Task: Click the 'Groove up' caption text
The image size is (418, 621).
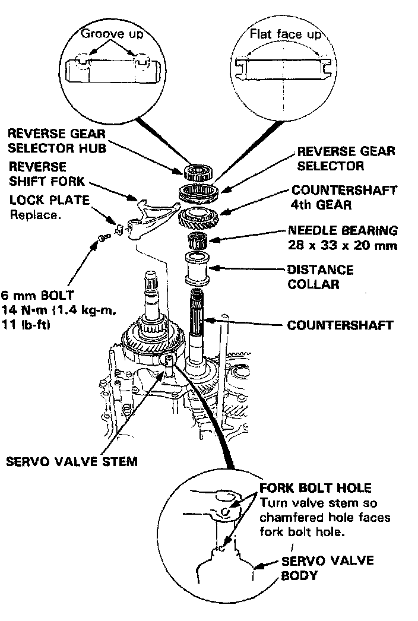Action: [x=112, y=34]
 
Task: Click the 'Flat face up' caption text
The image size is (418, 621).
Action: [x=285, y=35]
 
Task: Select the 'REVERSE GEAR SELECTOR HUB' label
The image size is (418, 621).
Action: [x=57, y=141]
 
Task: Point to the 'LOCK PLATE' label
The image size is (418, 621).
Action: [x=49, y=200]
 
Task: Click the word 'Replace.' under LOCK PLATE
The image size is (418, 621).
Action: [x=35, y=215]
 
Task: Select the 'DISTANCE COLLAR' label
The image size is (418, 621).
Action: [x=320, y=277]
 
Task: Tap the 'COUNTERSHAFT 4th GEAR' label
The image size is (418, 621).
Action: [x=344, y=198]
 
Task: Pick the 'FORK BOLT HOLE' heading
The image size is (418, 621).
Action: [x=315, y=488]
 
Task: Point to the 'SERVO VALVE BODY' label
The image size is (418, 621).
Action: [x=313, y=569]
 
